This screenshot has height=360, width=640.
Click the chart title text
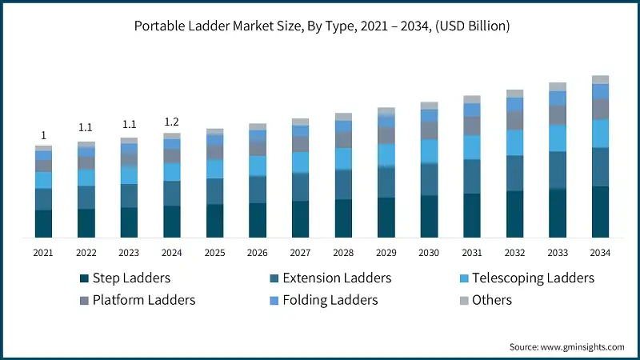point(320,26)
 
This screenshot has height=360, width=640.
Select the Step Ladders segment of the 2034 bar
point(600,211)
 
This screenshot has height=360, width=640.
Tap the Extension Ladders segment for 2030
point(429,179)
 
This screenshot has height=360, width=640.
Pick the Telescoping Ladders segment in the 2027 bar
point(300,162)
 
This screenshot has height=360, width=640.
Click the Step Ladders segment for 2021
point(43,223)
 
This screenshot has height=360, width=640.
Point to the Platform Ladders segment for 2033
point(558,115)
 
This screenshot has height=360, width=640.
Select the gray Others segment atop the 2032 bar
point(514,94)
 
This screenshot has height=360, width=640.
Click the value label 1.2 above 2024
point(171,122)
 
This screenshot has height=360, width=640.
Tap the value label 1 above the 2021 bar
point(43,135)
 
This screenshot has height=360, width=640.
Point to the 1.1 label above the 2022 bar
point(86,127)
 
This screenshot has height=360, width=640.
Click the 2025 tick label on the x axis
point(214,253)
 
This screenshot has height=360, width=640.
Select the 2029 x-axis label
point(386,253)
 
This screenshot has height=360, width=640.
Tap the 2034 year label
point(600,253)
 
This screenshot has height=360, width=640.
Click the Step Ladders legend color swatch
point(83,278)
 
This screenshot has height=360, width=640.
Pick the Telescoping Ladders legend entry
point(533,278)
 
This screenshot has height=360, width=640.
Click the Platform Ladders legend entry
point(143,300)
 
